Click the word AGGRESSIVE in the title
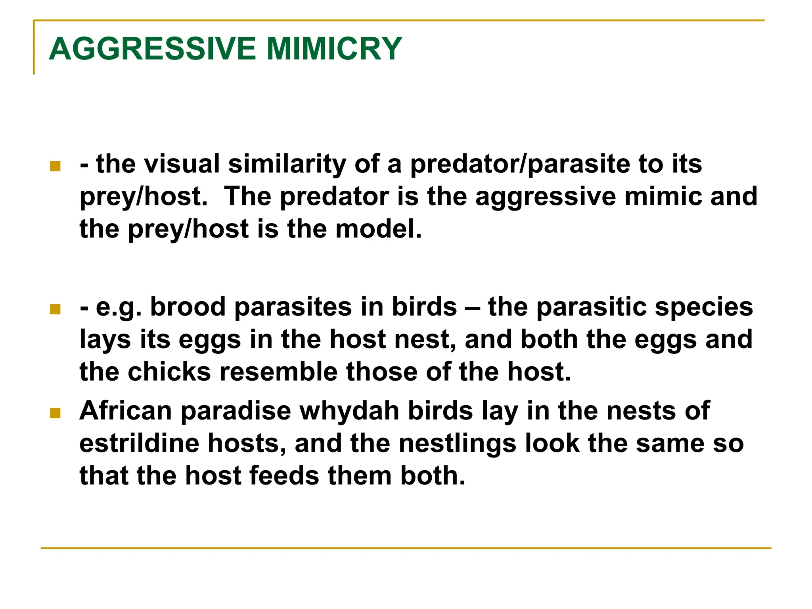coord(152,49)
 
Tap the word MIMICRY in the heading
coord(334,49)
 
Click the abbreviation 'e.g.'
coord(119,308)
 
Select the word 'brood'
coord(188,307)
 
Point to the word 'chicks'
coord(169,372)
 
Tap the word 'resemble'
coord(278,372)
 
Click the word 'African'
coord(126,411)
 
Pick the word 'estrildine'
coord(139,443)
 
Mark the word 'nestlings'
coord(458,444)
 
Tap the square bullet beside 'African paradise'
coord(55,414)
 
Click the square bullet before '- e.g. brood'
coord(55,309)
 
